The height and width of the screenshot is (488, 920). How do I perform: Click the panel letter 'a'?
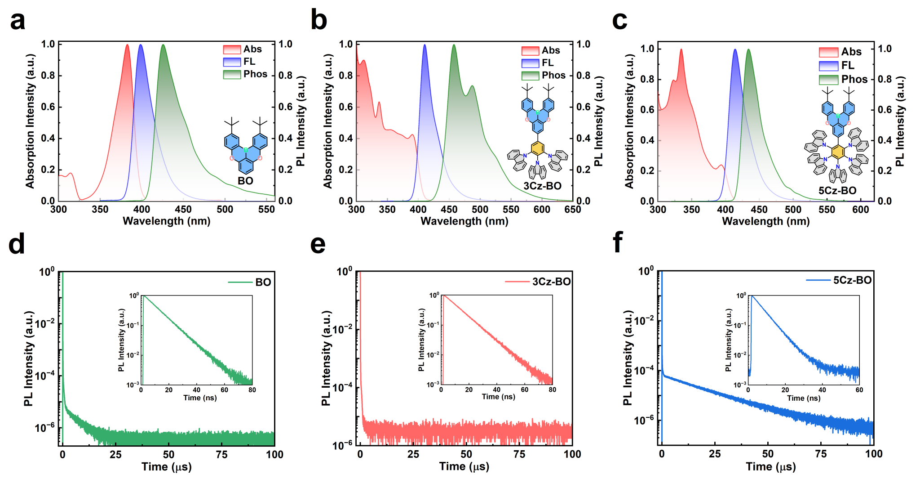tap(18, 21)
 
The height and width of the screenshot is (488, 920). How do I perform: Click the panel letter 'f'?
tap(618, 243)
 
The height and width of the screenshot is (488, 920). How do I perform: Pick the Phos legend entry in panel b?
tap(544, 76)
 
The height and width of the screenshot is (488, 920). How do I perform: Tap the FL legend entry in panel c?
tap(836, 66)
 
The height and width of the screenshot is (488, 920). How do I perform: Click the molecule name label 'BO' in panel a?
tap(245, 181)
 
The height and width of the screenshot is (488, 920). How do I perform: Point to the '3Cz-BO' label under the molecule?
tap(542, 186)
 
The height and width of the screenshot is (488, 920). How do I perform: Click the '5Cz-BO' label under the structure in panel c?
tap(837, 191)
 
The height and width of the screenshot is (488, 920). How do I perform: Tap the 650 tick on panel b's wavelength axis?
tap(573, 210)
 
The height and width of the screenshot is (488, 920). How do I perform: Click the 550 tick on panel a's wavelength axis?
tap(266, 210)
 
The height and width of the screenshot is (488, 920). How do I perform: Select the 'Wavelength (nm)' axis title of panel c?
tap(765, 221)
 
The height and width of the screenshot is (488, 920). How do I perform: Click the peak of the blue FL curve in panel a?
tap(141, 45)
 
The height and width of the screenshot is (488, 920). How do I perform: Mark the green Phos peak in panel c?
tap(748, 49)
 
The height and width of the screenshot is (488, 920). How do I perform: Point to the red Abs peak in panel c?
tap(681, 49)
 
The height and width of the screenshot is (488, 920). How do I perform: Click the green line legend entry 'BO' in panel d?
tap(250, 282)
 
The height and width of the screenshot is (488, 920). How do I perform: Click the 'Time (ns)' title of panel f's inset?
tap(803, 398)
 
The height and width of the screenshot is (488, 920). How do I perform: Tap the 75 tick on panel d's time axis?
tap(221, 455)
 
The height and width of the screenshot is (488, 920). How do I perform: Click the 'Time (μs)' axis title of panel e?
tap(464, 466)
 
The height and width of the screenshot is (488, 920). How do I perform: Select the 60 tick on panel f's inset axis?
tap(859, 390)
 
